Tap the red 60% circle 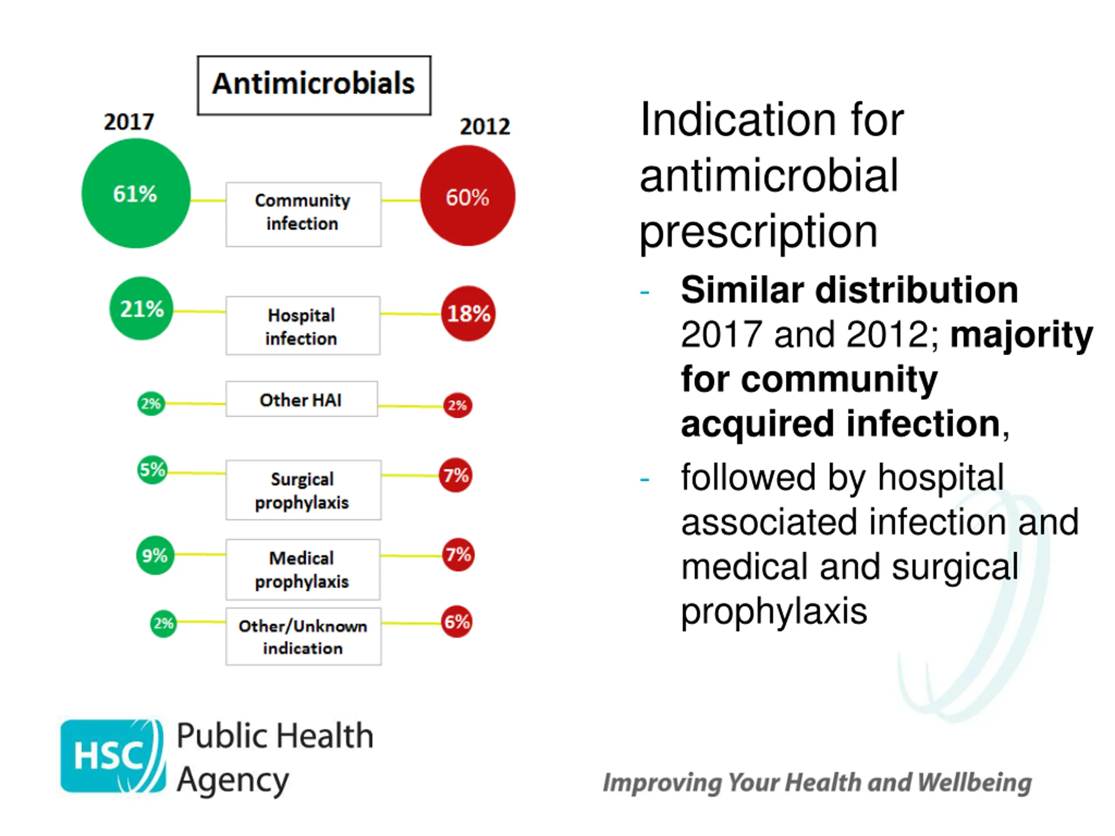[467, 196]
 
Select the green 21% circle [142, 308]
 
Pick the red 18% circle [468, 313]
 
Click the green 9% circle [155, 555]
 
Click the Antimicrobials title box [314, 84]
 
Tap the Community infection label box [303, 214]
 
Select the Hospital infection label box [302, 326]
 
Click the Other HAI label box [301, 399]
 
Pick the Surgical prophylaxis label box [303, 490]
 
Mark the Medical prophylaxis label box [302, 570]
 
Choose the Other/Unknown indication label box [303, 637]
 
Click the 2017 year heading [128, 122]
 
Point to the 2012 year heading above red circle [484, 126]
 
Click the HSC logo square [112, 755]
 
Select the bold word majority [1021, 334]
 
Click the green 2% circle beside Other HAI [151, 404]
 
